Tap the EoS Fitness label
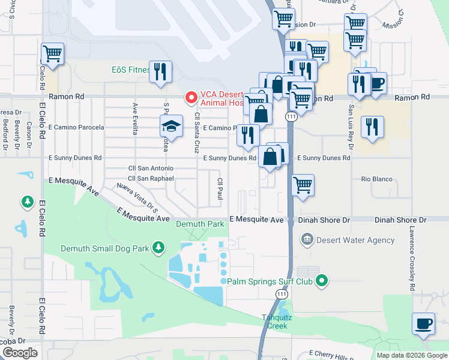pyautogui.click(x=130, y=70)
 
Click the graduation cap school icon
pyautogui.click(x=171, y=127)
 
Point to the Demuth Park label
pyautogui.click(x=199, y=224)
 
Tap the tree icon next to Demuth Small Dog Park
pyautogui.click(x=158, y=247)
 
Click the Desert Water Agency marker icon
pyautogui.click(x=307, y=240)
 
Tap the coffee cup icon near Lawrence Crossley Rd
pyautogui.click(x=424, y=323)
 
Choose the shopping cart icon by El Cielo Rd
pyautogui.click(x=52, y=53)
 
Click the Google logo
pyautogui.click(x=20, y=353)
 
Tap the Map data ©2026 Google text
pyautogui.click(x=411, y=355)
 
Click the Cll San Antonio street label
pyautogui.click(x=151, y=169)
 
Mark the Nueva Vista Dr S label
pyautogui.click(x=137, y=199)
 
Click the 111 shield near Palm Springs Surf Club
pyautogui.click(x=281, y=294)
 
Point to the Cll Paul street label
pyautogui.click(x=220, y=189)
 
